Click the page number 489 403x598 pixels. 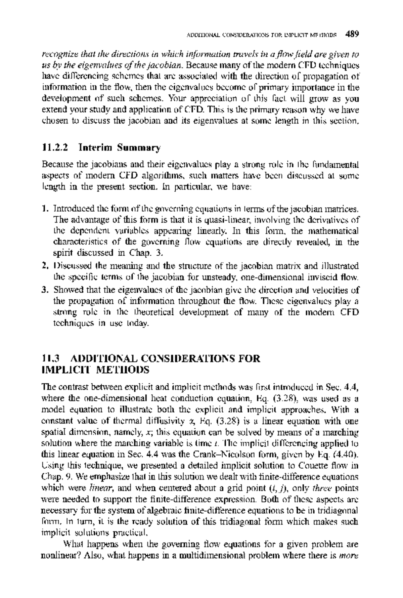(352, 34)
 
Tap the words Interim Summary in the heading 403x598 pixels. (120, 147)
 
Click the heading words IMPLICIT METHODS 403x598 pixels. (95, 370)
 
